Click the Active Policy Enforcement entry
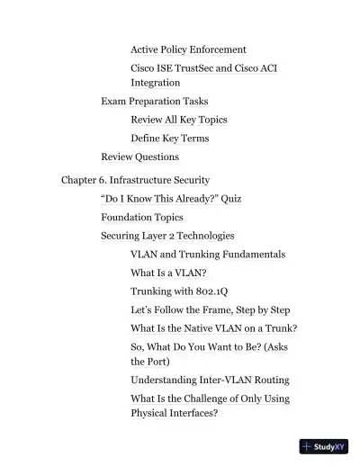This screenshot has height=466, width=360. pyautogui.click(x=188, y=49)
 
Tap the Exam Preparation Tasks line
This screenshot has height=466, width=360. pyautogui.click(x=154, y=102)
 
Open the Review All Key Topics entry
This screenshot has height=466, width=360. pyautogui.click(x=178, y=120)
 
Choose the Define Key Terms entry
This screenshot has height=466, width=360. pyautogui.click(x=169, y=139)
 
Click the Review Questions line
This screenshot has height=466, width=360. pyautogui.click(x=139, y=157)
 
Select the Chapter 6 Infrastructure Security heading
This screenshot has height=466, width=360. pyautogui.click(x=135, y=180)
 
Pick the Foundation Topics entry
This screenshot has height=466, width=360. pyautogui.click(x=141, y=217)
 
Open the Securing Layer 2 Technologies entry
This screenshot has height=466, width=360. pyautogui.click(x=167, y=236)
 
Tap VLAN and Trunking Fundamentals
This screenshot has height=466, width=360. pyautogui.click(x=208, y=255)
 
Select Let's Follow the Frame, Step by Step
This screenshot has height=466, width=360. pyautogui.click(x=210, y=309)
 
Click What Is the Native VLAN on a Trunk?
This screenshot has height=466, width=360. pyautogui.click(x=213, y=328)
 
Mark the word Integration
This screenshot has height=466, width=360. pyautogui.click(x=155, y=83)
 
